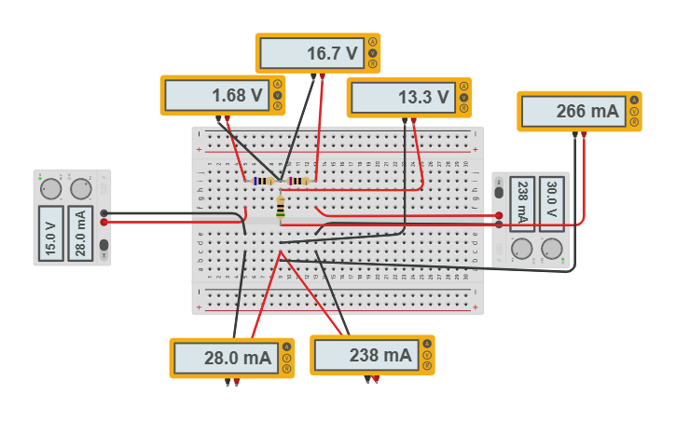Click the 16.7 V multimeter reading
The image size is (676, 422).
click(x=311, y=53)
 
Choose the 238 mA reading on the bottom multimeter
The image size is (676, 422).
click(x=366, y=355)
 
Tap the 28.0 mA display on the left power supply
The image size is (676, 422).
click(x=81, y=234)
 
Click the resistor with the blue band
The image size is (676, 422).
click(x=263, y=181)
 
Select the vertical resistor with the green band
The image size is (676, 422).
click(x=281, y=206)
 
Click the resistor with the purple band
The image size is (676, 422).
click(x=298, y=181)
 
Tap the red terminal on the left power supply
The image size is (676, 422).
click(x=103, y=222)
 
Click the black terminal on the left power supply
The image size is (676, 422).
click(x=103, y=213)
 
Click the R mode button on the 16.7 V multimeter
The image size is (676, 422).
click(x=372, y=64)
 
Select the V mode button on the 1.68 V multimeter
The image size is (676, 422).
click(x=277, y=95)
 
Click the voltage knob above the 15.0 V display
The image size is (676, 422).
click(x=51, y=189)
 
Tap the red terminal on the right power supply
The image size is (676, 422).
click(x=500, y=215)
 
